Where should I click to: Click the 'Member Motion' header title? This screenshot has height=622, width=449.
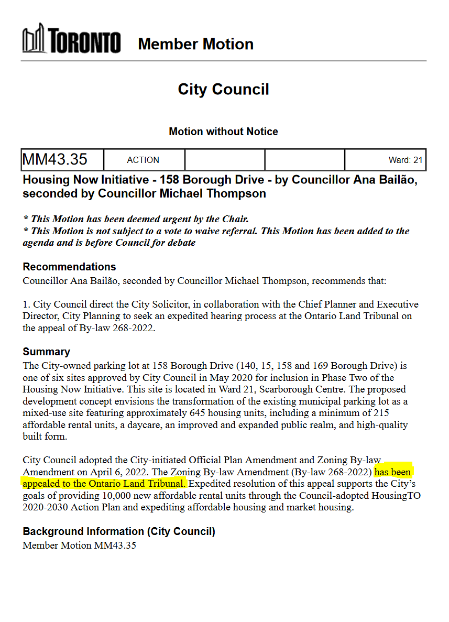pyautogui.click(x=195, y=44)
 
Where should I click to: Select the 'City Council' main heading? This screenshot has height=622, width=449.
pyautogui.click(x=223, y=89)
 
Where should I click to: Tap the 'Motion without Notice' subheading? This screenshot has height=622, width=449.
pyautogui.click(x=223, y=132)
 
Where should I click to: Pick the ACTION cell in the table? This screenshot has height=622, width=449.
pyautogui.click(x=143, y=160)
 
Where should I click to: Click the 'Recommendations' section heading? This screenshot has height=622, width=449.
pyautogui.click(x=69, y=267)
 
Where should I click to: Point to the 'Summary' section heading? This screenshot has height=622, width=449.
pyautogui.click(x=46, y=352)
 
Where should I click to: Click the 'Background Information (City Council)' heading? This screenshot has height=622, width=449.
pyautogui.click(x=119, y=531)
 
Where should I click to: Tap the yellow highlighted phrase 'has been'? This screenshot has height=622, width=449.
pyautogui.click(x=393, y=472)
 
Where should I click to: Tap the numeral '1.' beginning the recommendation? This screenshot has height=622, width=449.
pyautogui.click(x=27, y=304)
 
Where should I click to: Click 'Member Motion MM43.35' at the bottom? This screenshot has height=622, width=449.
pyautogui.click(x=80, y=545)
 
